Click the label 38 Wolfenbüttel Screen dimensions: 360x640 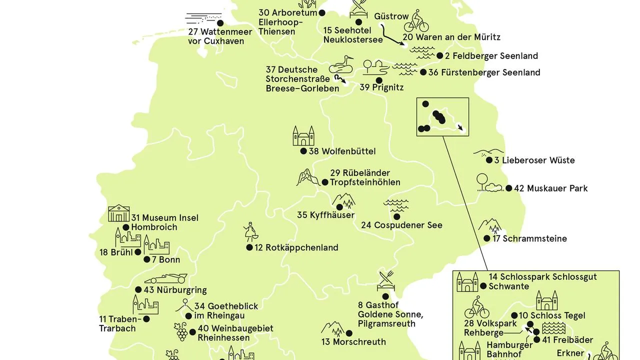point(341,151)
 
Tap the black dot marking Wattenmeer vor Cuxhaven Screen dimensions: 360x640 point(219,23)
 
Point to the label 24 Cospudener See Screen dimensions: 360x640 point(401,225)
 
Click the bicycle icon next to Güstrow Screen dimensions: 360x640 point(416,22)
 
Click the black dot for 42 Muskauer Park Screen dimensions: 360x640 point(509,188)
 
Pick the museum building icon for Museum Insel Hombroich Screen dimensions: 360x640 point(119,213)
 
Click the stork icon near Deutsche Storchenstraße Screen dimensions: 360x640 point(341,64)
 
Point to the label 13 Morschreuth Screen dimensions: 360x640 point(353,342)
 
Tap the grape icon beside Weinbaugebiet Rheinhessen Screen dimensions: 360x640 point(181,331)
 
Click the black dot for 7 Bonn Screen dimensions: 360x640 point(147,259)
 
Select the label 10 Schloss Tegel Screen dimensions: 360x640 point(552,315)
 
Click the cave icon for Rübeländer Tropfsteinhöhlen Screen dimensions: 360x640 point(307,177)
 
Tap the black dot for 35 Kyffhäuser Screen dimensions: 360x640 point(340,206)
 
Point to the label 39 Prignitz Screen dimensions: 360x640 point(381,87)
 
